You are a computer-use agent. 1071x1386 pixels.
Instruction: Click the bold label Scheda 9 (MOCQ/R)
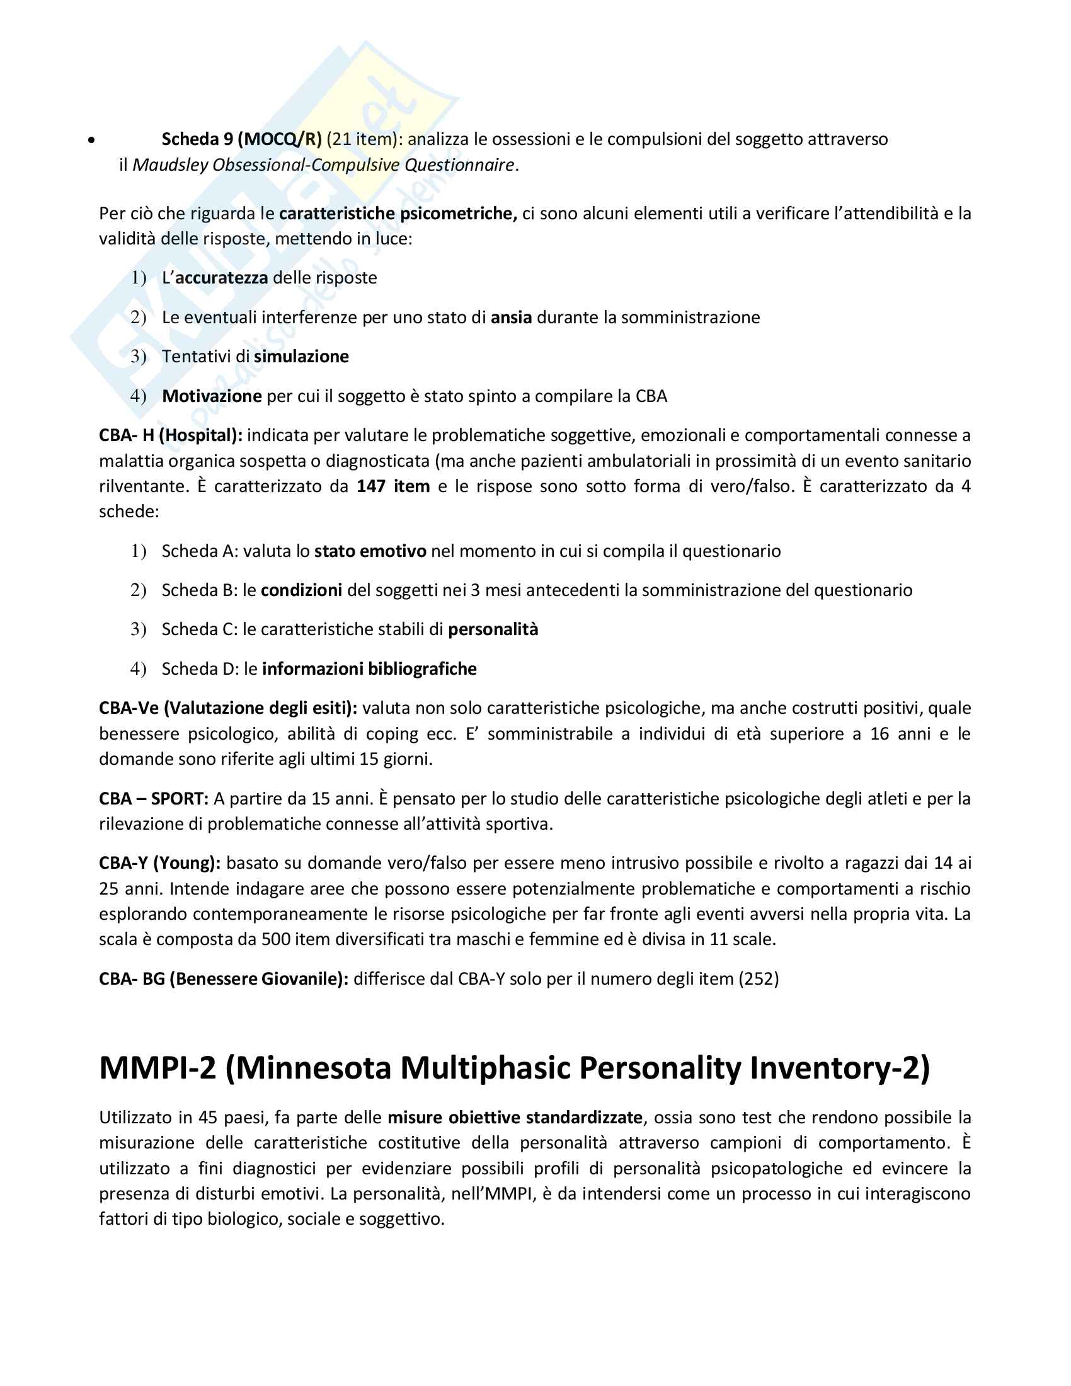click(x=242, y=139)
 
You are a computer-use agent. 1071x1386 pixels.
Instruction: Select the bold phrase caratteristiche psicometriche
click(x=398, y=213)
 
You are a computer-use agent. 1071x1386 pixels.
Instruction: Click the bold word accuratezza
click(x=221, y=278)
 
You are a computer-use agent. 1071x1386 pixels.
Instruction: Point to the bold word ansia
click(x=511, y=318)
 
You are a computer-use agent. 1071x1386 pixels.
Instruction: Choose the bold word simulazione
click(x=301, y=357)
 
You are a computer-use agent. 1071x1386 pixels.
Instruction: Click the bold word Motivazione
click(x=212, y=396)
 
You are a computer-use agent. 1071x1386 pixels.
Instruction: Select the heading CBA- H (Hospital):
click(x=171, y=435)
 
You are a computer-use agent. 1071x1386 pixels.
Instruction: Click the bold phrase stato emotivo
click(x=370, y=551)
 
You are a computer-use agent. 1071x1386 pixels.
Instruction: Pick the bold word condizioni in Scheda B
click(x=301, y=590)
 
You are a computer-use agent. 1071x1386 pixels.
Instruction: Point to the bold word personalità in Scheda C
click(x=493, y=629)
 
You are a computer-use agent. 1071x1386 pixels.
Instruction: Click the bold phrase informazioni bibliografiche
click(x=369, y=669)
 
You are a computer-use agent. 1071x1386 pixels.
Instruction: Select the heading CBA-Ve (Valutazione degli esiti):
click(x=228, y=708)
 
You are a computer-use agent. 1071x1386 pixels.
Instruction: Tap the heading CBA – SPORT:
click(x=154, y=798)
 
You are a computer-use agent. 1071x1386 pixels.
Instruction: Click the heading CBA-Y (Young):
click(x=160, y=863)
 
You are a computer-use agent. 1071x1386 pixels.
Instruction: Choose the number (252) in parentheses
click(x=758, y=978)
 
